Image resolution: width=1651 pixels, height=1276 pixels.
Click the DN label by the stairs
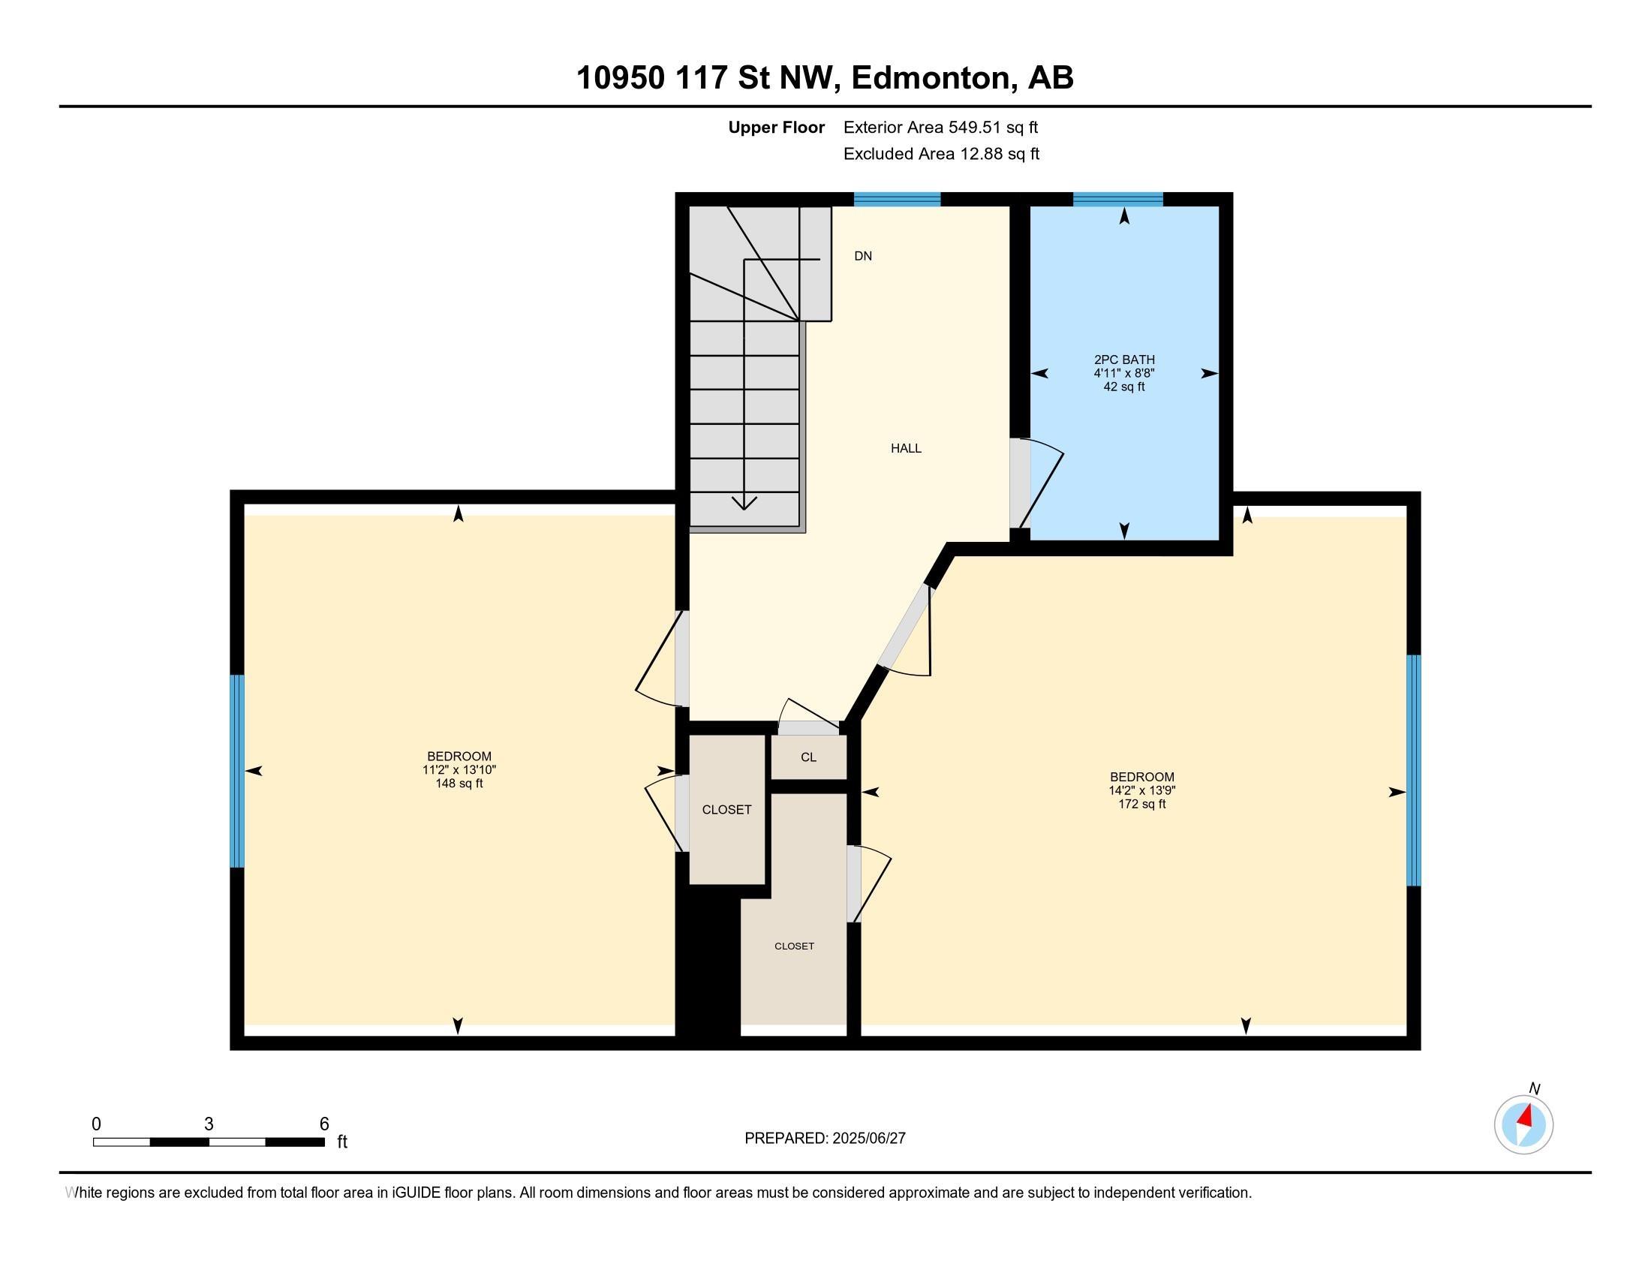[862, 256]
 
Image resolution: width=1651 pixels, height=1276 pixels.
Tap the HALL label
[906, 448]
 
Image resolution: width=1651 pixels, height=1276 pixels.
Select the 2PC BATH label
[1124, 360]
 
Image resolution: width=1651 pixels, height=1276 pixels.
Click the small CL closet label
[808, 757]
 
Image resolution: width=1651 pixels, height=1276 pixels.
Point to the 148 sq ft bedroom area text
[459, 783]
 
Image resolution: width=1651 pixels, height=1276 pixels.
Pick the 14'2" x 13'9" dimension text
[1141, 790]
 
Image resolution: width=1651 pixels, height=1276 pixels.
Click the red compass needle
[1526, 1115]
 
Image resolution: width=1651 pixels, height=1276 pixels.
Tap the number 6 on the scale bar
[324, 1124]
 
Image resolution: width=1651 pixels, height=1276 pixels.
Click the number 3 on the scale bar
[209, 1124]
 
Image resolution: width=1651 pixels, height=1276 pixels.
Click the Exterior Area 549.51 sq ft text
[940, 127]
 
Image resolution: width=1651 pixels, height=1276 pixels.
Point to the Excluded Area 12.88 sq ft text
[941, 153]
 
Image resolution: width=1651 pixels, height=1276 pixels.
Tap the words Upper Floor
[777, 127]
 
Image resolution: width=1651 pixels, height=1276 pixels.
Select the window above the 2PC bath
[1118, 199]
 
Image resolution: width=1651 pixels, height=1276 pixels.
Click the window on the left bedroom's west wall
[237, 771]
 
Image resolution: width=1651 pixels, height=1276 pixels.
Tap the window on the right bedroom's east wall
[1414, 769]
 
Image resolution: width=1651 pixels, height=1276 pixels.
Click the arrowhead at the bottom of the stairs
[744, 502]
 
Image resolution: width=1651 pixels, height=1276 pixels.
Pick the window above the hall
[898, 199]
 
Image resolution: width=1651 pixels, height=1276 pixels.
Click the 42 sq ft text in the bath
[1124, 387]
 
